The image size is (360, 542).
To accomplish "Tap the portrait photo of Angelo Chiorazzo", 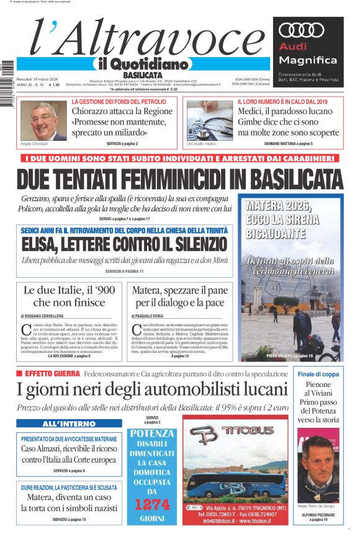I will pos(43,120).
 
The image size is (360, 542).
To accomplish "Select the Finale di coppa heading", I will pos(318,375).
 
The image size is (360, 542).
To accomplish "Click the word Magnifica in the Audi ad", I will pos(308,60).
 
